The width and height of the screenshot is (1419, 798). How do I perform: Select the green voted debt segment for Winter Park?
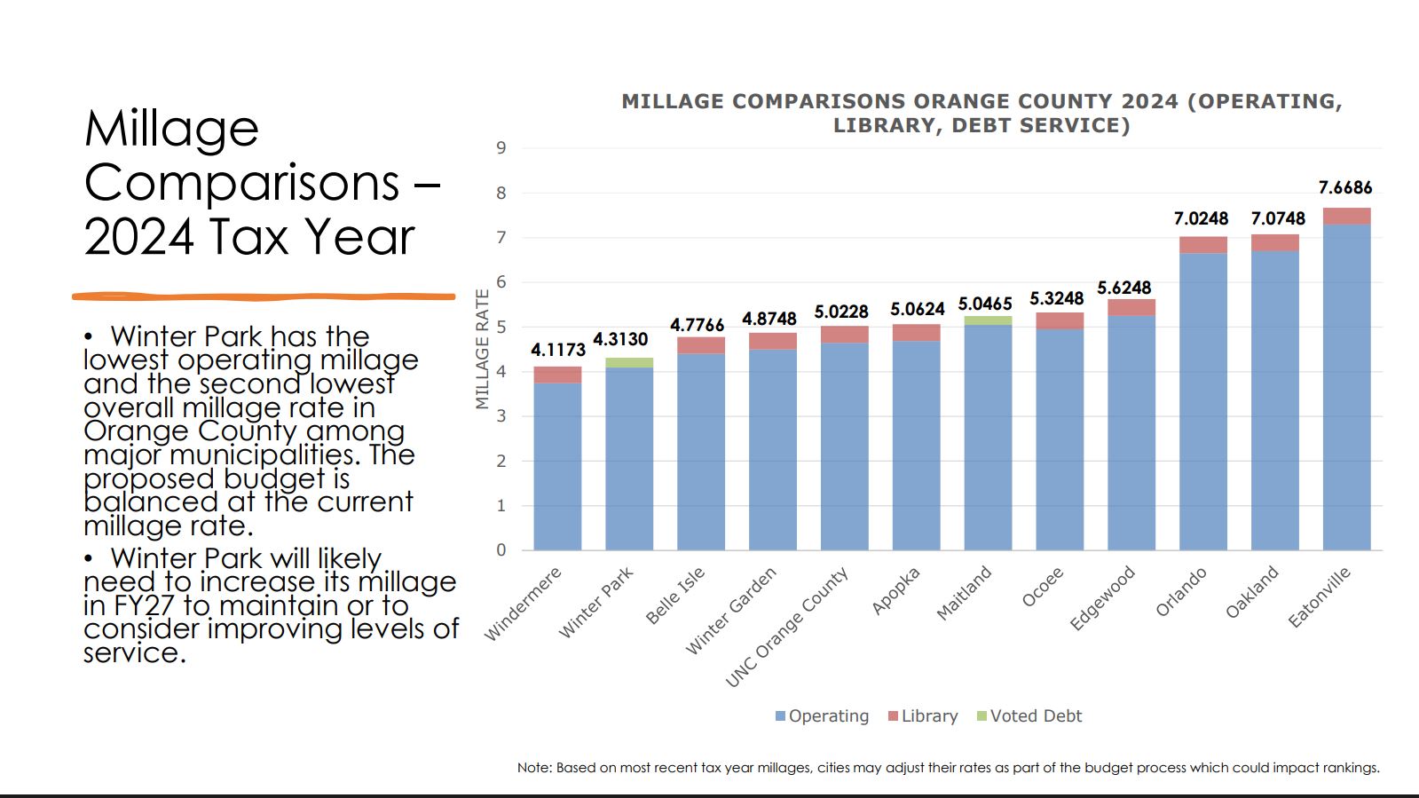coord(629,362)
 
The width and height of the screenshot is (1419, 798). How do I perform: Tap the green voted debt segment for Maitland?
coord(988,320)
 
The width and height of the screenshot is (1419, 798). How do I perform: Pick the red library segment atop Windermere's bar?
coord(557,375)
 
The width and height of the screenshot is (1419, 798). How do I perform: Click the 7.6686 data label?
coord(1344,187)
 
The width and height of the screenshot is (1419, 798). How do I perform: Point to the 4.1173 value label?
coord(558,350)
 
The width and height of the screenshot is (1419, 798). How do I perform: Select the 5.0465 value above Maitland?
coord(985,304)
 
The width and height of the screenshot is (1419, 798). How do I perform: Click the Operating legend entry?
coord(822,716)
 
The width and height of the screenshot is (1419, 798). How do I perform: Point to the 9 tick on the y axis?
coord(501,148)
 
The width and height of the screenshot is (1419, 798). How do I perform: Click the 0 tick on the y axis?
coord(501,550)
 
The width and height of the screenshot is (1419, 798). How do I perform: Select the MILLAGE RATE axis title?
coord(483,349)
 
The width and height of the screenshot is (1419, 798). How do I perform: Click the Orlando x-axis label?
coord(1181,592)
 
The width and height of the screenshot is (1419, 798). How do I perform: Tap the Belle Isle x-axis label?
coord(675,595)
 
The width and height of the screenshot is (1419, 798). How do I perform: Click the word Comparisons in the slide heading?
coord(241,183)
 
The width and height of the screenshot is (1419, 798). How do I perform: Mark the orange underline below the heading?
coord(264,296)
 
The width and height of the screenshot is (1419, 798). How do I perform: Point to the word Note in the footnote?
coord(533,768)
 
